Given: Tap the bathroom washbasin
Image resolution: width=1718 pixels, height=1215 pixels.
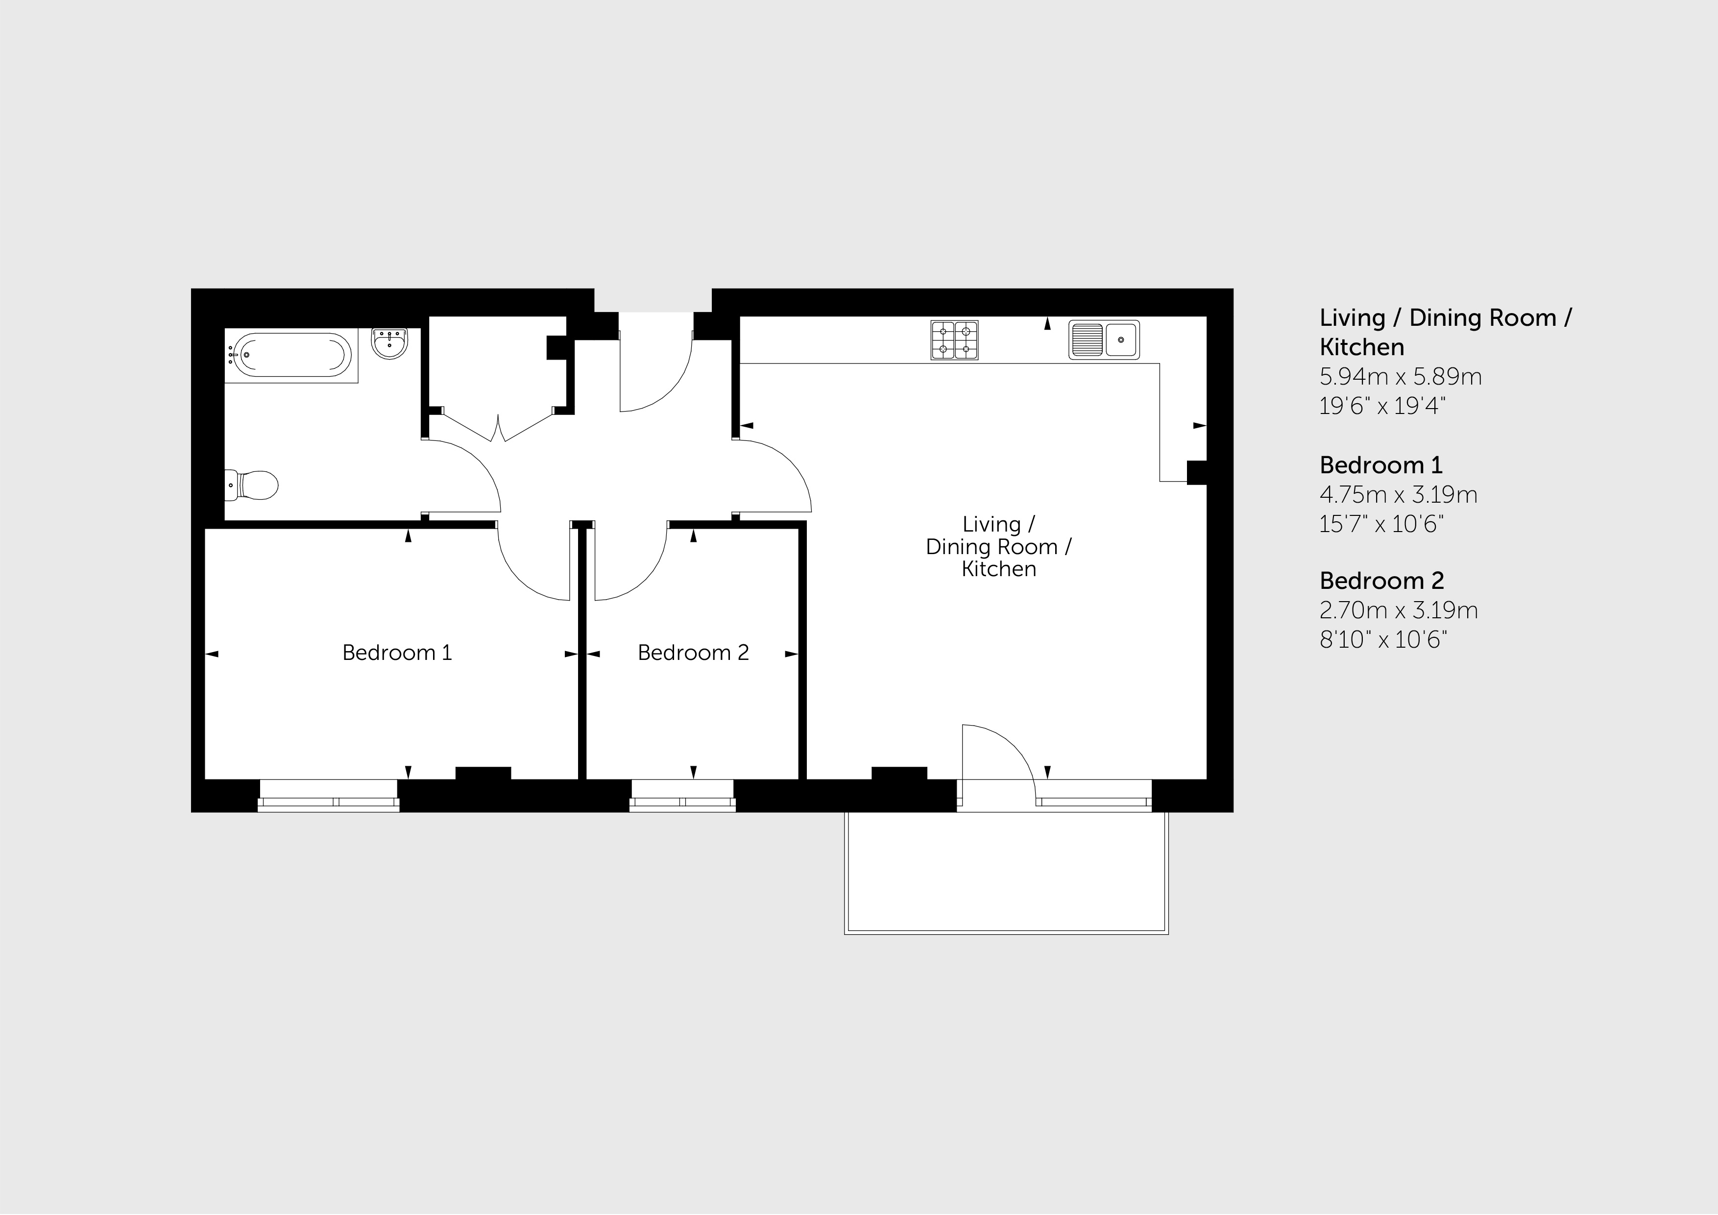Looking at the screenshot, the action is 390,343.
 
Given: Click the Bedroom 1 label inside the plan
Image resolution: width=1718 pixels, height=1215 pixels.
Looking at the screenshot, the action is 397,653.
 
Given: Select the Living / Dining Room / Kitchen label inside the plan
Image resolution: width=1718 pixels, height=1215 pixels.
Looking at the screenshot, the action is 999,547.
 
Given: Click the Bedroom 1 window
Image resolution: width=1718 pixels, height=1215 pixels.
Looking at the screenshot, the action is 329,795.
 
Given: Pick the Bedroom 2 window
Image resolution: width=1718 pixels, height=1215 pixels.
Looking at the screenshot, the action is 682,795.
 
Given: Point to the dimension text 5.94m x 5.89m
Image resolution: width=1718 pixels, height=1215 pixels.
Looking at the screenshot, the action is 1401,376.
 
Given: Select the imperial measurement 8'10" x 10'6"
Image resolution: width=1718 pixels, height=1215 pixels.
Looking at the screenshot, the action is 1383,640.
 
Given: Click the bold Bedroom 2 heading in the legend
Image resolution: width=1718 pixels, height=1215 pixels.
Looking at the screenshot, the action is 1381,581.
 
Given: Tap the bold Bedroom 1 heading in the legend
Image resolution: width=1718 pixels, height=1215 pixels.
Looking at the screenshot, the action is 1380,465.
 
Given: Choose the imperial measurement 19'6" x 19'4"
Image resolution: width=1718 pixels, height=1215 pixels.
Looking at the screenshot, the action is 1382,406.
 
